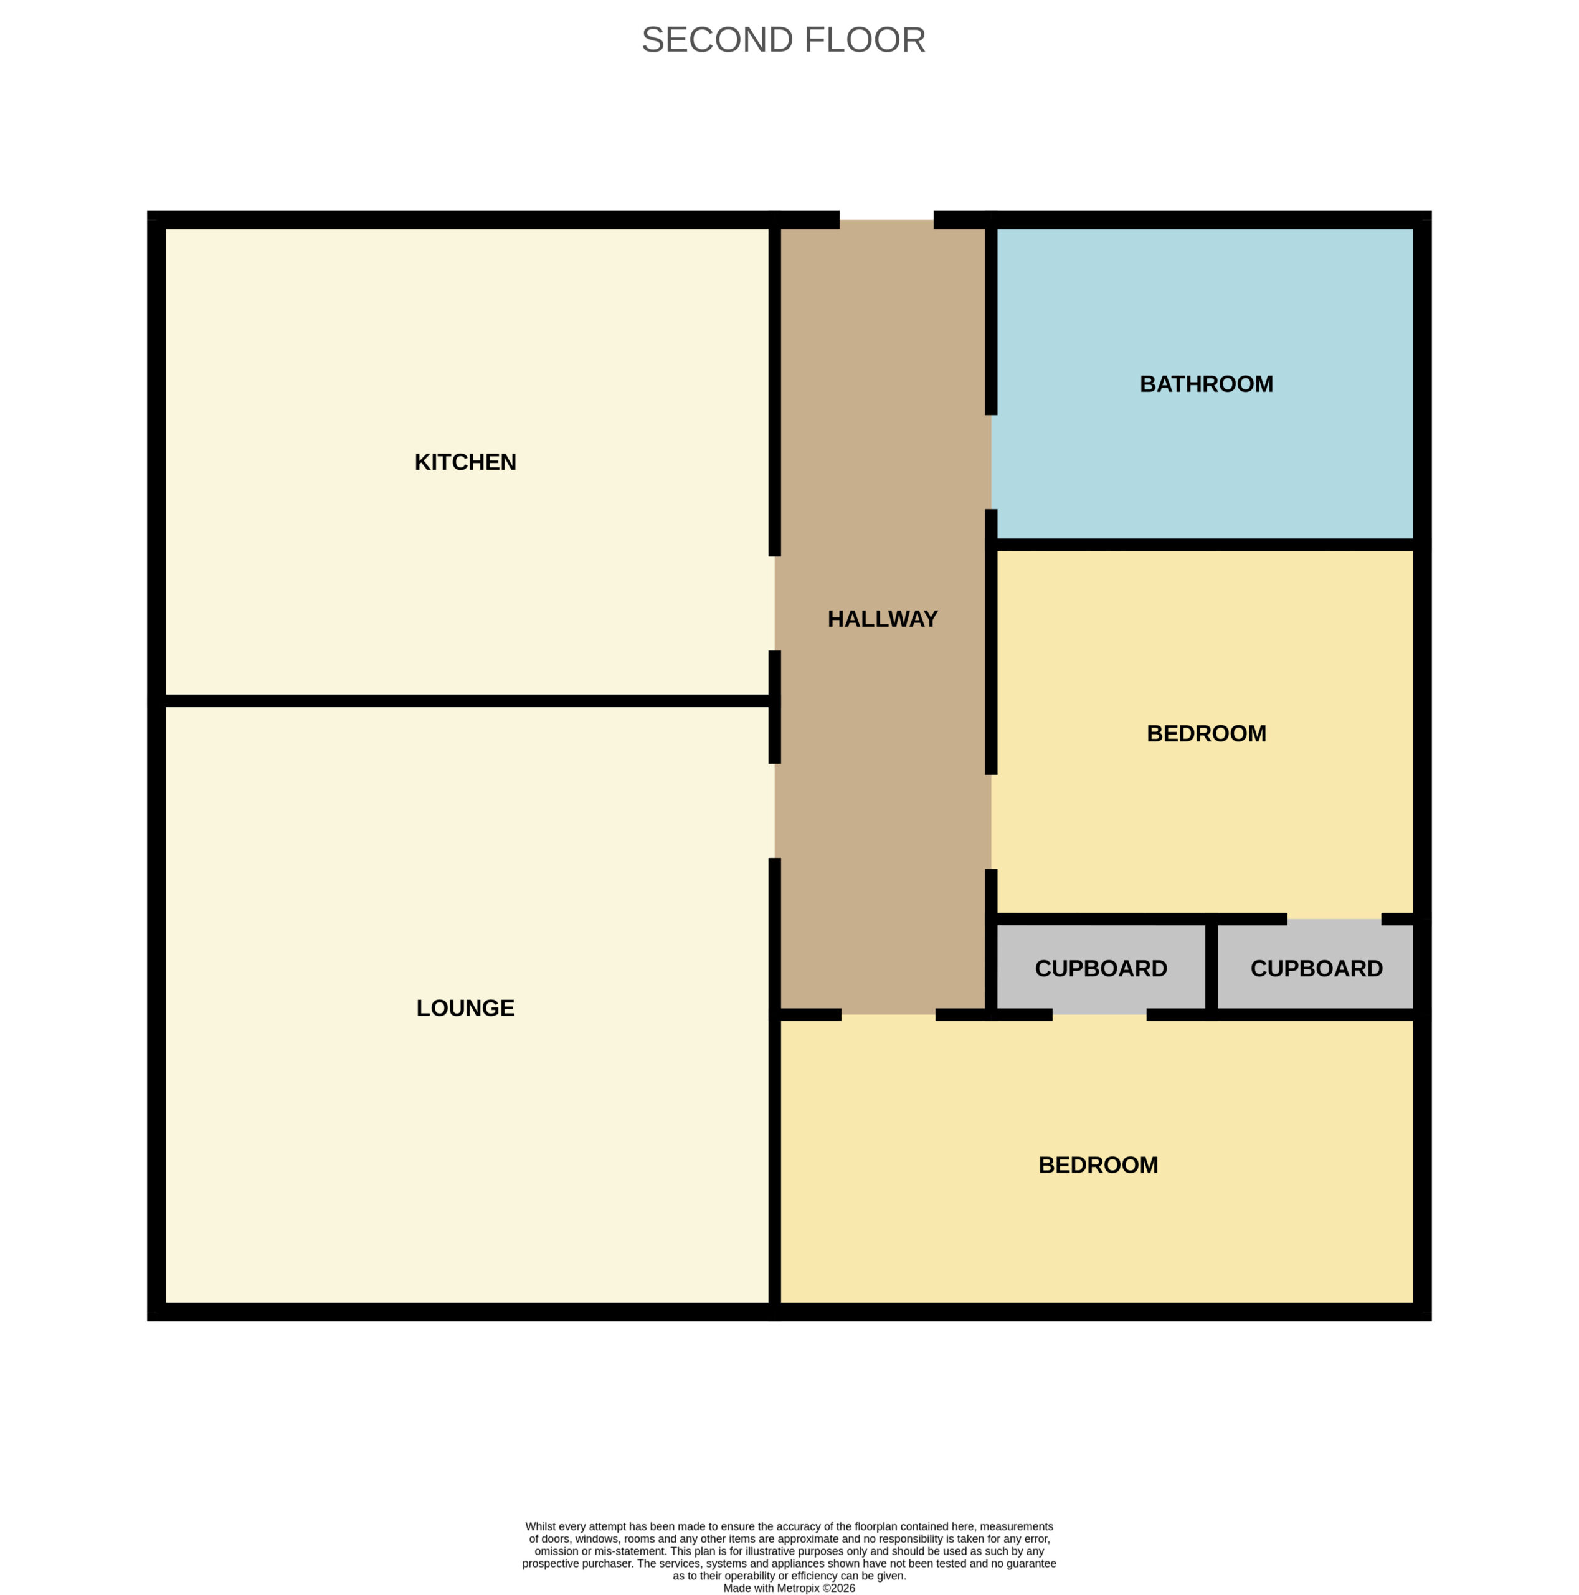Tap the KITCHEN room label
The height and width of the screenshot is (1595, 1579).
pyautogui.click(x=465, y=462)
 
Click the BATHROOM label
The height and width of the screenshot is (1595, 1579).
pyautogui.click(x=1206, y=384)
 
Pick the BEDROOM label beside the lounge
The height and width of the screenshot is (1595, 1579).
pyautogui.click(x=1098, y=1165)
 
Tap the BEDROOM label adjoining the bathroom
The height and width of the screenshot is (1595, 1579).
pyautogui.click(x=1206, y=733)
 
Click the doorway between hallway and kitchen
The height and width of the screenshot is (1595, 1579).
pyautogui.click(x=774, y=604)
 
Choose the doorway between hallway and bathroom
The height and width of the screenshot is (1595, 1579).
pyautogui.click(x=990, y=462)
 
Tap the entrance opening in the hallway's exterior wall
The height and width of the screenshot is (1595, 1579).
pyautogui.click(x=886, y=219)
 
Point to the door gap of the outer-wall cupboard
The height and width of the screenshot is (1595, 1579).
pyautogui.click(x=1334, y=919)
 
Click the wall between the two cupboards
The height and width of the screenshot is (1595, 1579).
pyautogui.click(x=1211, y=967)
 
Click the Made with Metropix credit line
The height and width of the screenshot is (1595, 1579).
pyautogui.click(x=789, y=1588)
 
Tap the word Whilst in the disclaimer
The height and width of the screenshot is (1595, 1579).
pyautogui.click(x=541, y=1526)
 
